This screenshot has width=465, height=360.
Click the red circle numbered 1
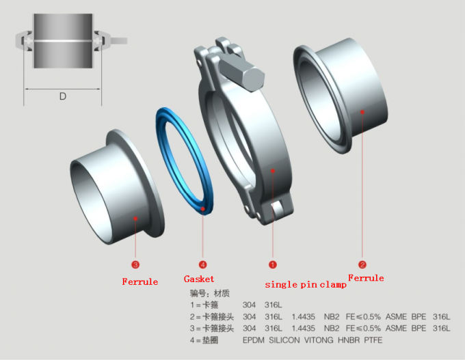(272, 264)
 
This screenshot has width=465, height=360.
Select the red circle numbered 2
(362, 264)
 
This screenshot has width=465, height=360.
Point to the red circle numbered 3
(135, 264)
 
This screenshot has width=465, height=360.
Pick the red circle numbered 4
(202, 264)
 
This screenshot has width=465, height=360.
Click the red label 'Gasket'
(199, 279)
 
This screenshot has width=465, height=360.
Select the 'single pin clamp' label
(305, 285)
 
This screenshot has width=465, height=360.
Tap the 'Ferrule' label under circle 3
(139, 281)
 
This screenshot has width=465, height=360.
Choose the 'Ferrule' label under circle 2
(366, 278)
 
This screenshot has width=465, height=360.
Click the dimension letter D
(62, 96)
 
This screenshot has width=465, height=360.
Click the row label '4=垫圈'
(205, 339)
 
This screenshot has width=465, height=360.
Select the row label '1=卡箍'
(205, 304)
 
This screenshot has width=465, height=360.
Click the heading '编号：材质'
(209, 292)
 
